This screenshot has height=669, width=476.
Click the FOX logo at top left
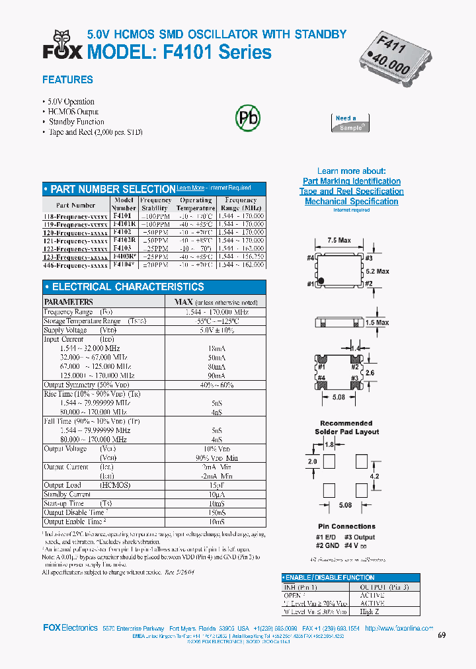(60, 45)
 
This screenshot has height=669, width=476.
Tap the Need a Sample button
(349, 123)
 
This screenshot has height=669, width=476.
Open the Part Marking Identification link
(351, 181)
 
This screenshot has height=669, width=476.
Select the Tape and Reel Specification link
(351, 191)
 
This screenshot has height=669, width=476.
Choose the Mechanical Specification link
(351, 202)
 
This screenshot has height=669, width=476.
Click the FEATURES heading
(67, 80)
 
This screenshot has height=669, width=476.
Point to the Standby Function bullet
(76, 122)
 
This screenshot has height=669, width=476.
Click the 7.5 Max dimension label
(339, 241)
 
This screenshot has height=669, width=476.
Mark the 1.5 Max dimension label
(377, 323)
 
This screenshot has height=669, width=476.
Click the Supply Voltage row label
(66, 330)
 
